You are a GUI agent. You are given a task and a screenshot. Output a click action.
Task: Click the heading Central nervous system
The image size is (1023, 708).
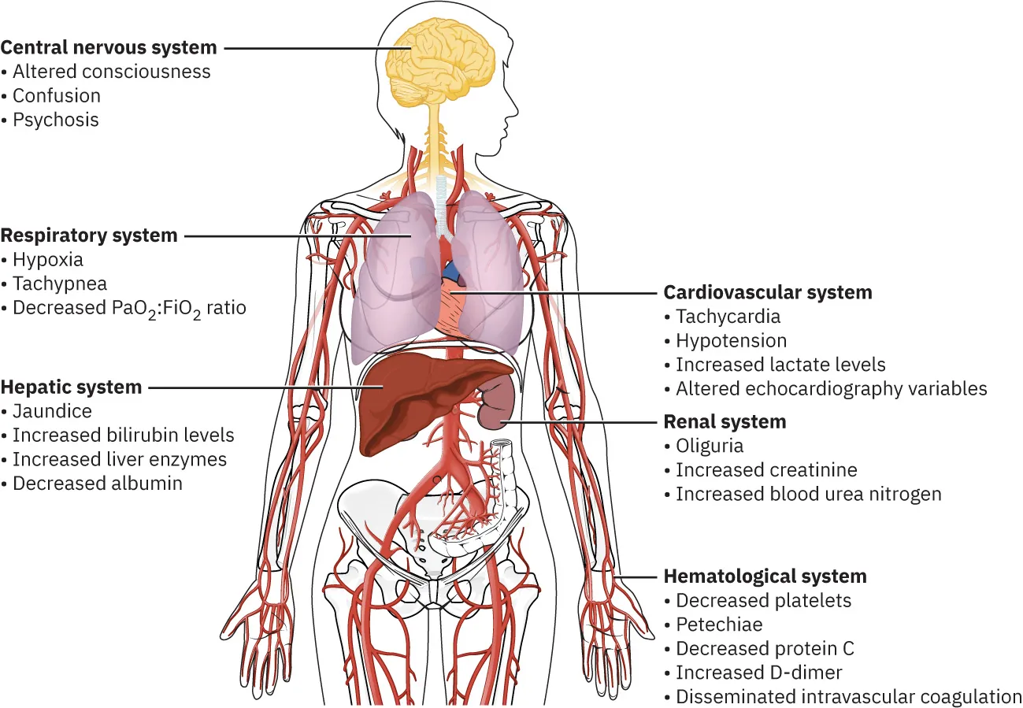coord(109,47)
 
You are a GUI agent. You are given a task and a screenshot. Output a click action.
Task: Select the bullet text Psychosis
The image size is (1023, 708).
coord(56,120)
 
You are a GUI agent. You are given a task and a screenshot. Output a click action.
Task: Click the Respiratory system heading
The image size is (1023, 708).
coord(89,235)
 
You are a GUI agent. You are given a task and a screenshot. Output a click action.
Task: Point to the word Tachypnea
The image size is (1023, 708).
coord(60,284)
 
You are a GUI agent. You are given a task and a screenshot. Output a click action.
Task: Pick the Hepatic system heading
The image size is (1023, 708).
coord(72,387)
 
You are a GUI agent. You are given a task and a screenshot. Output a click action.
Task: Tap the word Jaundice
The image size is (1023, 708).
coord(52,411)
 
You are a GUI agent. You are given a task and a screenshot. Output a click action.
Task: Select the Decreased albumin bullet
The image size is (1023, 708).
coord(98,484)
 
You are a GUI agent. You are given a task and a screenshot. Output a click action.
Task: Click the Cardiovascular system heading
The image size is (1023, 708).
coord(768,293)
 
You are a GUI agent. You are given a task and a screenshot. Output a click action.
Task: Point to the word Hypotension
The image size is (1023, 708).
coord(731,341)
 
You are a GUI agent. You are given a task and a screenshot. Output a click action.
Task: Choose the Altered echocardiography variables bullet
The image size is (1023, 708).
coord(831,388)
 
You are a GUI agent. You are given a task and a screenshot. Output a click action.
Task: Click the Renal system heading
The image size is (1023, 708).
coord(725,422)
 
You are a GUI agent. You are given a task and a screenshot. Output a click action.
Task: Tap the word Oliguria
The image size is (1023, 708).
coord(710,446)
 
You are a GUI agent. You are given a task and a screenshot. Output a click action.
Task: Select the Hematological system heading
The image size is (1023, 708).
coord(765,576)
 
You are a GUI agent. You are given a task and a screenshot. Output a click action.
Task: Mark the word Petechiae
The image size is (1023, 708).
coord(719,625)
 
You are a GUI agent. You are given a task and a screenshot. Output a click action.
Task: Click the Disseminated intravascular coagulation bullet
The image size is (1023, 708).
coord(848,697)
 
